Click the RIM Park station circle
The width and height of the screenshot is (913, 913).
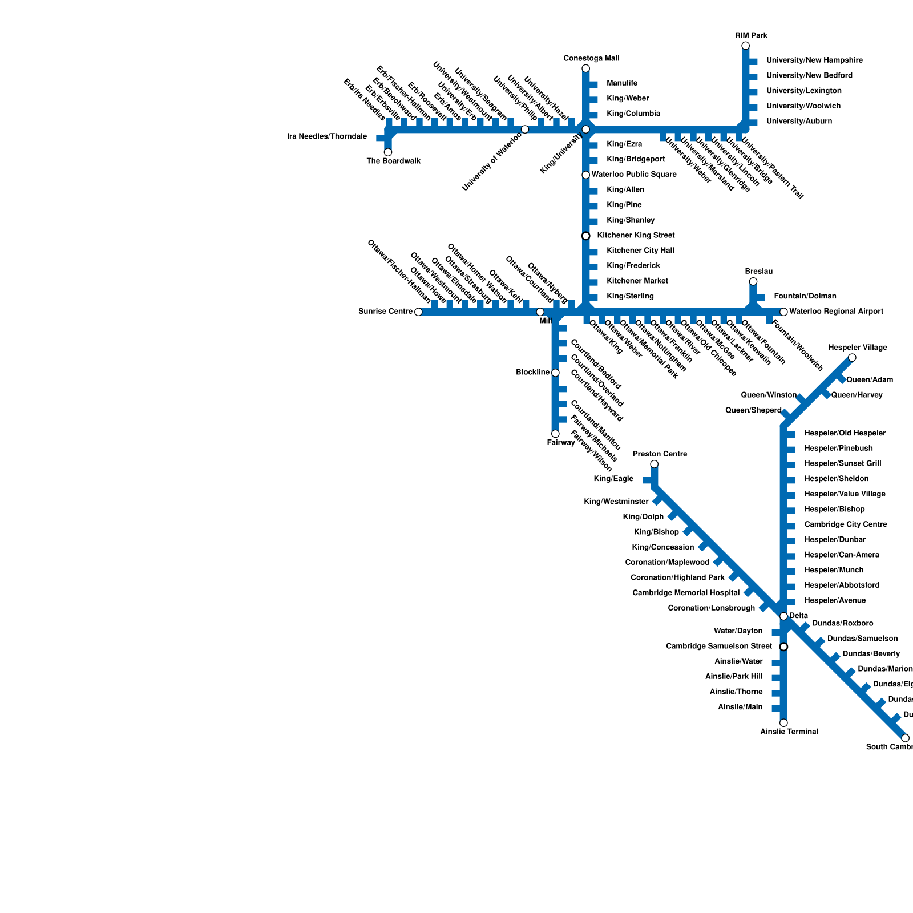[x=745, y=46]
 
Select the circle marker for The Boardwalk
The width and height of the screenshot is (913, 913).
[x=388, y=152]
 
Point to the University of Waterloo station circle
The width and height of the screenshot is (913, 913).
[x=525, y=130]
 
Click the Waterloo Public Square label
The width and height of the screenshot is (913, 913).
[x=634, y=175]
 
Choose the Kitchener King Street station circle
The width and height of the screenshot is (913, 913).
[x=585, y=236]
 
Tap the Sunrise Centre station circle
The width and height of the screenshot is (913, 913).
[x=418, y=312]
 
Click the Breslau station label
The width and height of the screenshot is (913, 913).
[x=758, y=271]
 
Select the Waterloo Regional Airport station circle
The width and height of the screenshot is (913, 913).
[x=783, y=312]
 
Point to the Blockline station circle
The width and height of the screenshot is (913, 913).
[x=555, y=373]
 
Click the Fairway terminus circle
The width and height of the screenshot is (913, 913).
[x=555, y=434]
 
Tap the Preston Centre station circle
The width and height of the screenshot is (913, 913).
[x=654, y=464]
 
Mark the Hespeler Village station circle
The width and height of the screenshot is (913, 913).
[x=852, y=358]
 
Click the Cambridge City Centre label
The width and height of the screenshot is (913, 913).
[x=845, y=524]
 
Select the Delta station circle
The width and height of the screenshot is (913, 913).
[x=783, y=616]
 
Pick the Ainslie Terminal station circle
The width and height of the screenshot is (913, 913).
[x=783, y=723]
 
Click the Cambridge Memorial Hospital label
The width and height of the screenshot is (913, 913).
[x=686, y=593]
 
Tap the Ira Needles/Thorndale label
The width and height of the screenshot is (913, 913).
[x=327, y=137]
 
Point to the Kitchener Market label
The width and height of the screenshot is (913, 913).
[x=637, y=281]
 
